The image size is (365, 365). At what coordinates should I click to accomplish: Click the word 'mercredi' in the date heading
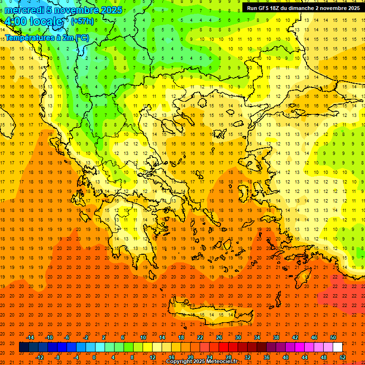point(22,10)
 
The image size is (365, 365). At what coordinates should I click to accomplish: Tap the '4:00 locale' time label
point(34,22)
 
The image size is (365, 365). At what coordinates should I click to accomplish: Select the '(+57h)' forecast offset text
point(82,21)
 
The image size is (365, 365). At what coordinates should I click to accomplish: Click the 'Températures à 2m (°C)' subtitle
point(47,37)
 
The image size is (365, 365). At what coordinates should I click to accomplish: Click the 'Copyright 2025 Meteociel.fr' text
point(202,362)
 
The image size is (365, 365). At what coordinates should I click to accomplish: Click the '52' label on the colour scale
point(343,357)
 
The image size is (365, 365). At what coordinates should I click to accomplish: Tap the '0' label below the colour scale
point(94,357)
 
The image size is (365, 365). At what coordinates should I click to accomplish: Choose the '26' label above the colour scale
point(219,337)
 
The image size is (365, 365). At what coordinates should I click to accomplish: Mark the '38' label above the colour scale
point(276,337)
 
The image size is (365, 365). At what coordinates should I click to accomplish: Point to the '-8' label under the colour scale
point(57,357)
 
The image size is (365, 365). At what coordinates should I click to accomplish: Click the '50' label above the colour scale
point(333,337)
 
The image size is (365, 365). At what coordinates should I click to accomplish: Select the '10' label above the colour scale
point(143,337)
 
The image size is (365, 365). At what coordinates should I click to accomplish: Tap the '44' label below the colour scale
point(305,357)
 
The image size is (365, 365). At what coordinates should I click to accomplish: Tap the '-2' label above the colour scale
point(86,337)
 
